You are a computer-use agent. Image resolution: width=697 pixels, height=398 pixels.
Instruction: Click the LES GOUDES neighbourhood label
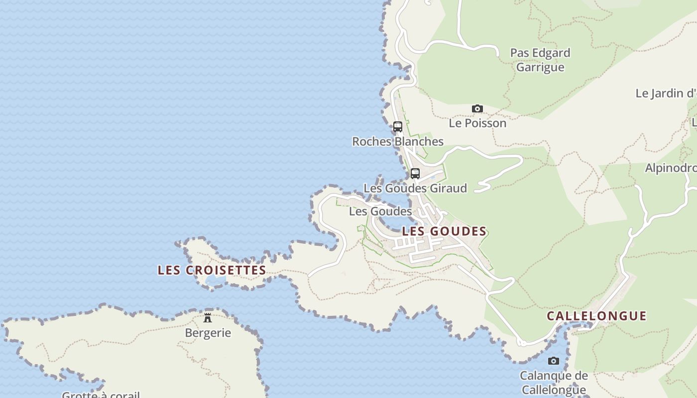pyautogui.click(x=444, y=231)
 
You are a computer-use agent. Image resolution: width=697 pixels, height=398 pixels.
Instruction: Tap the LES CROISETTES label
pyautogui.click(x=212, y=270)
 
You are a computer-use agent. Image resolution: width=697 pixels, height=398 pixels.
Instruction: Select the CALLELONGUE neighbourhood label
pyautogui.click(x=596, y=316)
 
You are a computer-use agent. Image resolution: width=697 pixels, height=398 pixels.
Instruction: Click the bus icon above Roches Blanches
pyautogui.click(x=397, y=127)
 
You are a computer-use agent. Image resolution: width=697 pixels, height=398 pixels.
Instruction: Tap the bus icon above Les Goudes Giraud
pyautogui.click(x=415, y=174)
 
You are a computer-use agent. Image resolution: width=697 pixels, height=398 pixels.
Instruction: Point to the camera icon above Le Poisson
pyautogui.click(x=477, y=108)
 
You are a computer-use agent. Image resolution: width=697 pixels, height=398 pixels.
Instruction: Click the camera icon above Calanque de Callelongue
pyautogui.click(x=553, y=361)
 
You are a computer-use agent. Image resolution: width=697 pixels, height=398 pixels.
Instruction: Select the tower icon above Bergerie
pyautogui.click(x=208, y=317)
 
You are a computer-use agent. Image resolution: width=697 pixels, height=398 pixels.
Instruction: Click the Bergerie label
pyautogui.click(x=208, y=333)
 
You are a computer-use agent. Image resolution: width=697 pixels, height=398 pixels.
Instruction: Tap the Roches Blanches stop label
pyautogui.click(x=397, y=141)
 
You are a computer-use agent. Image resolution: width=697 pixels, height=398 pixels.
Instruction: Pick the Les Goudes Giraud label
pyautogui.click(x=415, y=188)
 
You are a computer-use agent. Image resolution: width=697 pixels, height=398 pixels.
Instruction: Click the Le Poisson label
pyautogui.click(x=477, y=123)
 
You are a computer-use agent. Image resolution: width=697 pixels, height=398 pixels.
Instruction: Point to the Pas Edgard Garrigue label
pyautogui.click(x=540, y=60)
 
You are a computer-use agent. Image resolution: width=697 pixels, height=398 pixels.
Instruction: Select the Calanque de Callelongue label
pyautogui.click(x=553, y=382)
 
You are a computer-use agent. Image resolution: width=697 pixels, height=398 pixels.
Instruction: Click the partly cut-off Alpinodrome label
pyautogui.click(x=671, y=168)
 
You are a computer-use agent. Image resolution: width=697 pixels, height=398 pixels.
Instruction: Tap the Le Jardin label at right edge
pyautogui.click(x=666, y=93)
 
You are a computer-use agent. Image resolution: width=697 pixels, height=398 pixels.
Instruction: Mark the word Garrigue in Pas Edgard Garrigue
pyautogui.click(x=540, y=67)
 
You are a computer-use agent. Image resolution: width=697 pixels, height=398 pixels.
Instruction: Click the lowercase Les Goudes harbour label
pyautogui.click(x=380, y=211)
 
